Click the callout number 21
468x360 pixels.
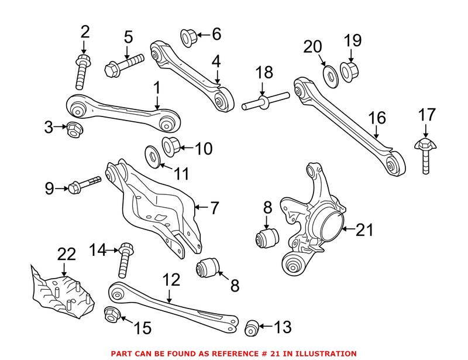[364, 230]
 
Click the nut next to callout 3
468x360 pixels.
[74, 128]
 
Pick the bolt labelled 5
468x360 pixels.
[124, 65]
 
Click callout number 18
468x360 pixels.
[264, 73]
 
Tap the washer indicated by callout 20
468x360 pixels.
[329, 77]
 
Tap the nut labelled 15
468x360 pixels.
[111, 315]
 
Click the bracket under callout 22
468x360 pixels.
[61, 290]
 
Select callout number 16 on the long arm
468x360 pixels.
[377, 118]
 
